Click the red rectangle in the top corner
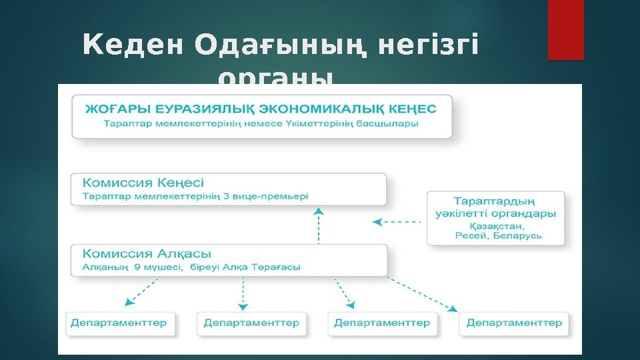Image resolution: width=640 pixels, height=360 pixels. (565, 29)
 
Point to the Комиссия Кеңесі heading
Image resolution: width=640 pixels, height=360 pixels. (143, 182)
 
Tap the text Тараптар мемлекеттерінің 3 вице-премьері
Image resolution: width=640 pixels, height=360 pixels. (195, 197)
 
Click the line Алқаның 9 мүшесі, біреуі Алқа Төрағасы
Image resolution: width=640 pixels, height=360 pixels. (191, 267)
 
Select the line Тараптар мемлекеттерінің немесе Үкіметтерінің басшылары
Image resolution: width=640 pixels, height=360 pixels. (251, 124)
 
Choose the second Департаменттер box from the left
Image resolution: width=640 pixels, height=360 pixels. (251, 323)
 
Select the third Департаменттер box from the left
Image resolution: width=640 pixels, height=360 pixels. (382, 323)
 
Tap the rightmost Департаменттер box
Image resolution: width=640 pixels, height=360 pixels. (514, 323)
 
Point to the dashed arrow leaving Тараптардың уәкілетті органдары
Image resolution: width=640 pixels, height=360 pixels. (398, 222)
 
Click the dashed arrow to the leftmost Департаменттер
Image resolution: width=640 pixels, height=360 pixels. (143, 292)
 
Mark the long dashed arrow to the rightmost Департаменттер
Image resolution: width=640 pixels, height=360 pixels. (422, 294)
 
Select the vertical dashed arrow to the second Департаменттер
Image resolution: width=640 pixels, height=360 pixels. (243, 294)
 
